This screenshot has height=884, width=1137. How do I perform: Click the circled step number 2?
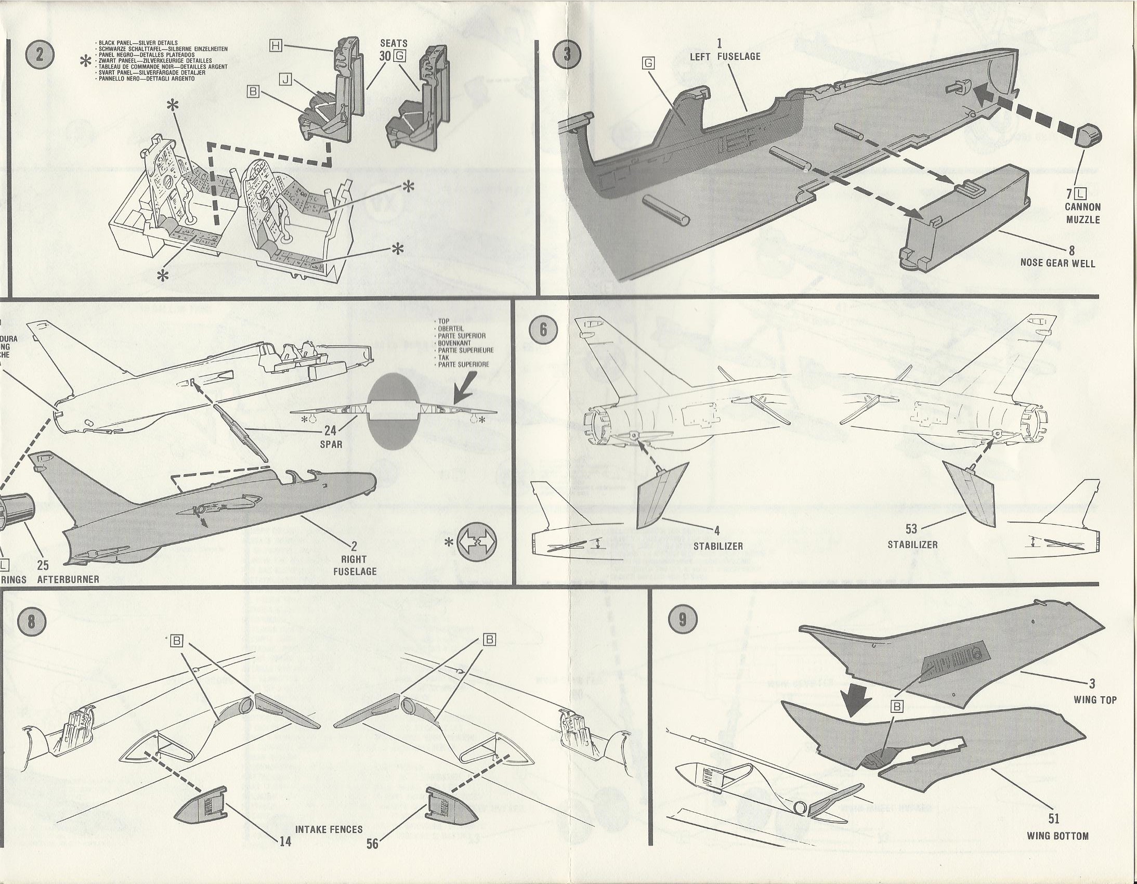tap(40, 56)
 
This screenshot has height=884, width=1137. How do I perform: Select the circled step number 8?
tap(31, 623)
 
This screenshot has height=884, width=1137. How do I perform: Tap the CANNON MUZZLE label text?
tap(1083, 213)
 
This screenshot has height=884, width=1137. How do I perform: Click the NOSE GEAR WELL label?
tap(1058, 263)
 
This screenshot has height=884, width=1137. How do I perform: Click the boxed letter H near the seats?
tap(276, 46)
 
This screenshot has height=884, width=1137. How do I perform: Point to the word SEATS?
tap(394, 44)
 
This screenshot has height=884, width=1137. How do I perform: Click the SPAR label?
tap(331, 445)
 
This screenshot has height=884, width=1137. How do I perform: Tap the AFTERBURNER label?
tap(68, 579)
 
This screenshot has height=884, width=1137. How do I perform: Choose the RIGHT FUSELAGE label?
tap(355, 565)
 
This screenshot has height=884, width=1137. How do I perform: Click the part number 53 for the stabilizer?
tap(911, 529)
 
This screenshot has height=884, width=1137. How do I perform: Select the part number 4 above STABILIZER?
tap(717, 531)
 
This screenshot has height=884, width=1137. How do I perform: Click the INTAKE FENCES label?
tap(329, 829)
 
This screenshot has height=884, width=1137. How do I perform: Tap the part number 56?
tap(372, 843)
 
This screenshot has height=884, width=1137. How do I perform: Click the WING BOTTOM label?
tap(1057, 836)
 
